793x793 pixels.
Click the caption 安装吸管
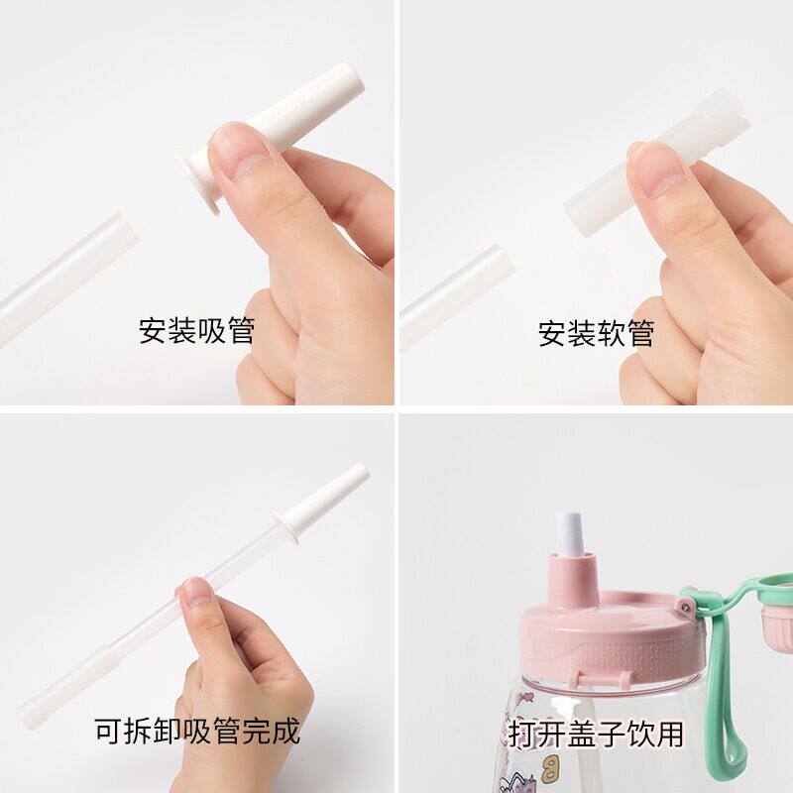tap(196, 331)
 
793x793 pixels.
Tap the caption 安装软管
tap(597, 333)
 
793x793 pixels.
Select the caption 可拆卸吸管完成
tap(197, 731)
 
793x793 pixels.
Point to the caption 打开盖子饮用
tap(596, 734)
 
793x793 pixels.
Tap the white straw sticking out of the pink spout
tap(571, 534)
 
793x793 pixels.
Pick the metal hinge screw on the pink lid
tap(686, 605)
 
